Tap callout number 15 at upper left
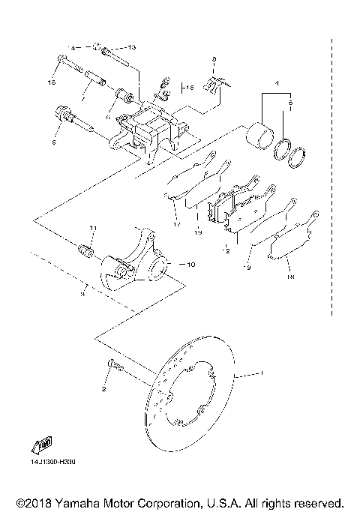(52, 81)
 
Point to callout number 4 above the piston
(277, 83)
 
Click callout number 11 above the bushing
(93, 228)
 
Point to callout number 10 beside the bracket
(189, 264)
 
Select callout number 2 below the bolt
(104, 391)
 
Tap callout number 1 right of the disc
(262, 373)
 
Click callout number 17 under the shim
(177, 223)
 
